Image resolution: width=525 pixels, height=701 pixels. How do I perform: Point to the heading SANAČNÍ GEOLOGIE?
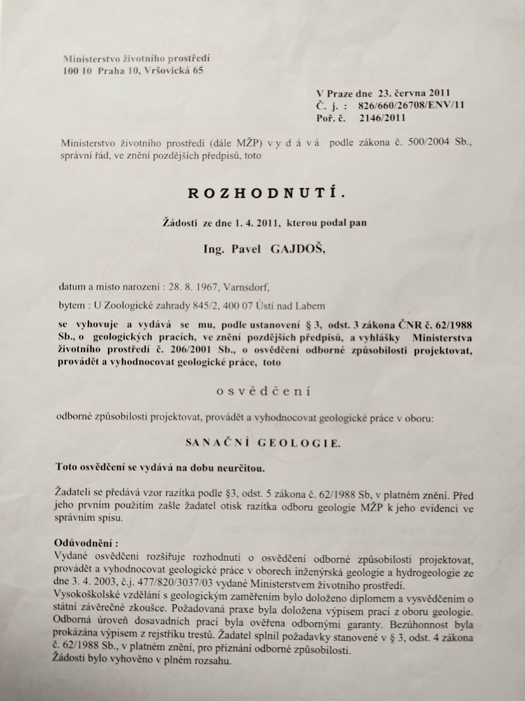point(262,443)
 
